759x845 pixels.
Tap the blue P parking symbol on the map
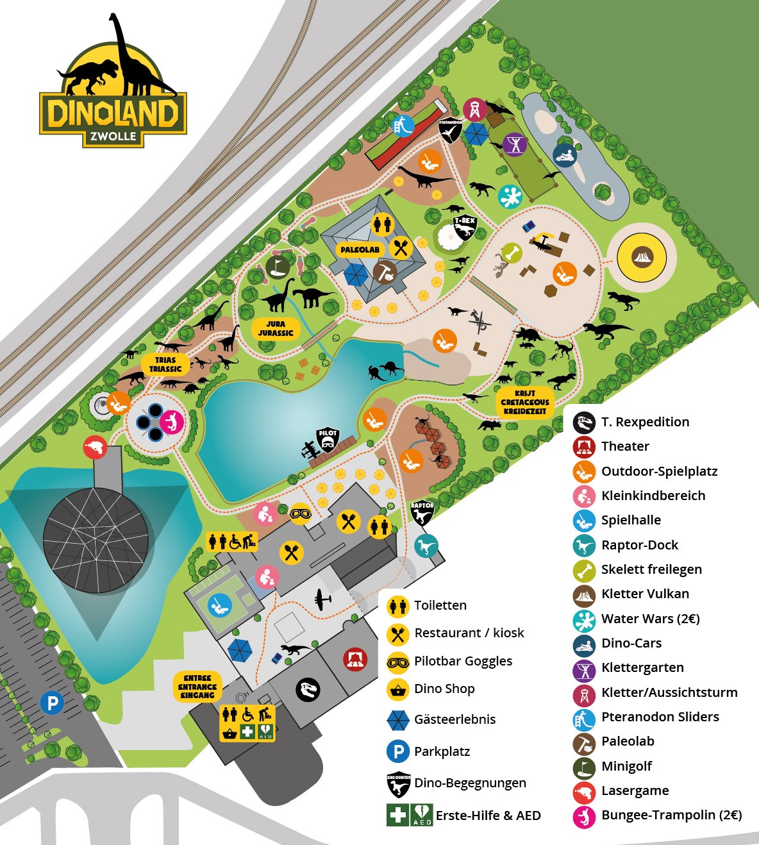pyautogui.click(x=53, y=703)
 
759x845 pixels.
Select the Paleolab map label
pyautogui.click(x=360, y=249)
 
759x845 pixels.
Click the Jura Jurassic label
pyautogui.click(x=276, y=328)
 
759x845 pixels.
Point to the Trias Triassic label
pyautogui.click(x=165, y=364)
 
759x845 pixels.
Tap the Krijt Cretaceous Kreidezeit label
pyautogui.click(x=525, y=402)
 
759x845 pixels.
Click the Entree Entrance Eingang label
pyautogui.click(x=197, y=687)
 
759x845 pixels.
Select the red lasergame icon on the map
pyautogui.click(x=95, y=447)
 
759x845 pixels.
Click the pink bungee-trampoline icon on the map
pyautogui.click(x=171, y=421)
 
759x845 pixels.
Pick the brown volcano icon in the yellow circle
pyautogui.click(x=642, y=258)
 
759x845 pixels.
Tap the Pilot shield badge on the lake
pyautogui.click(x=328, y=440)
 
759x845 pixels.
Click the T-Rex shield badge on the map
pyautogui.click(x=464, y=226)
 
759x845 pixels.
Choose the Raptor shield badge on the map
pyautogui.click(x=422, y=512)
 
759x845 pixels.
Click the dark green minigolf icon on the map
pyautogui.click(x=277, y=265)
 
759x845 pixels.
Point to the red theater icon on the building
pyautogui.click(x=354, y=658)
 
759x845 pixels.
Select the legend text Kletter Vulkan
pyautogui.click(x=645, y=594)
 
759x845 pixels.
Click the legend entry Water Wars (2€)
pyautogui.click(x=650, y=619)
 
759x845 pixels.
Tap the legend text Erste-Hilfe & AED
pyautogui.click(x=488, y=816)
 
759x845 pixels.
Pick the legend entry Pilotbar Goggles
pyautogui.click(x=463, y=661)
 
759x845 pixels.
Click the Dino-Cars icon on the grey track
pyautogui.click(x=565, y=155)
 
